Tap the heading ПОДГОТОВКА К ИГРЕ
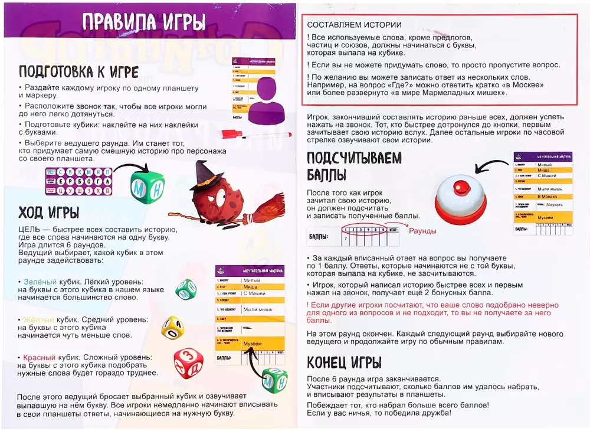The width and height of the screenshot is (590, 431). (x=78, y=72)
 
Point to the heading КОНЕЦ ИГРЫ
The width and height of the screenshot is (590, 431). (x=344, y=362)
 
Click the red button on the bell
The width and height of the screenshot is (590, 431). (x=460, y=187)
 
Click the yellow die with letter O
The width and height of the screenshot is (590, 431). (x=173, y=327)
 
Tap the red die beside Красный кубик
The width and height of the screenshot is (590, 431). (x=188, y=362)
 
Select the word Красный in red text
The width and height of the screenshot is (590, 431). (x=39, y=357)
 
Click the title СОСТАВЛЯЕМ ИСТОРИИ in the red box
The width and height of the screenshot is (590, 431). (x=354, y=25)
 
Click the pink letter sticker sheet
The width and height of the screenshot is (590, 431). (x=78, y=181)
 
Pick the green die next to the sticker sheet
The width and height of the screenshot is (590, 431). (x=147, y=187)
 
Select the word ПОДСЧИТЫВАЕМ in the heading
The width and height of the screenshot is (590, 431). (x=354, y=158)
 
